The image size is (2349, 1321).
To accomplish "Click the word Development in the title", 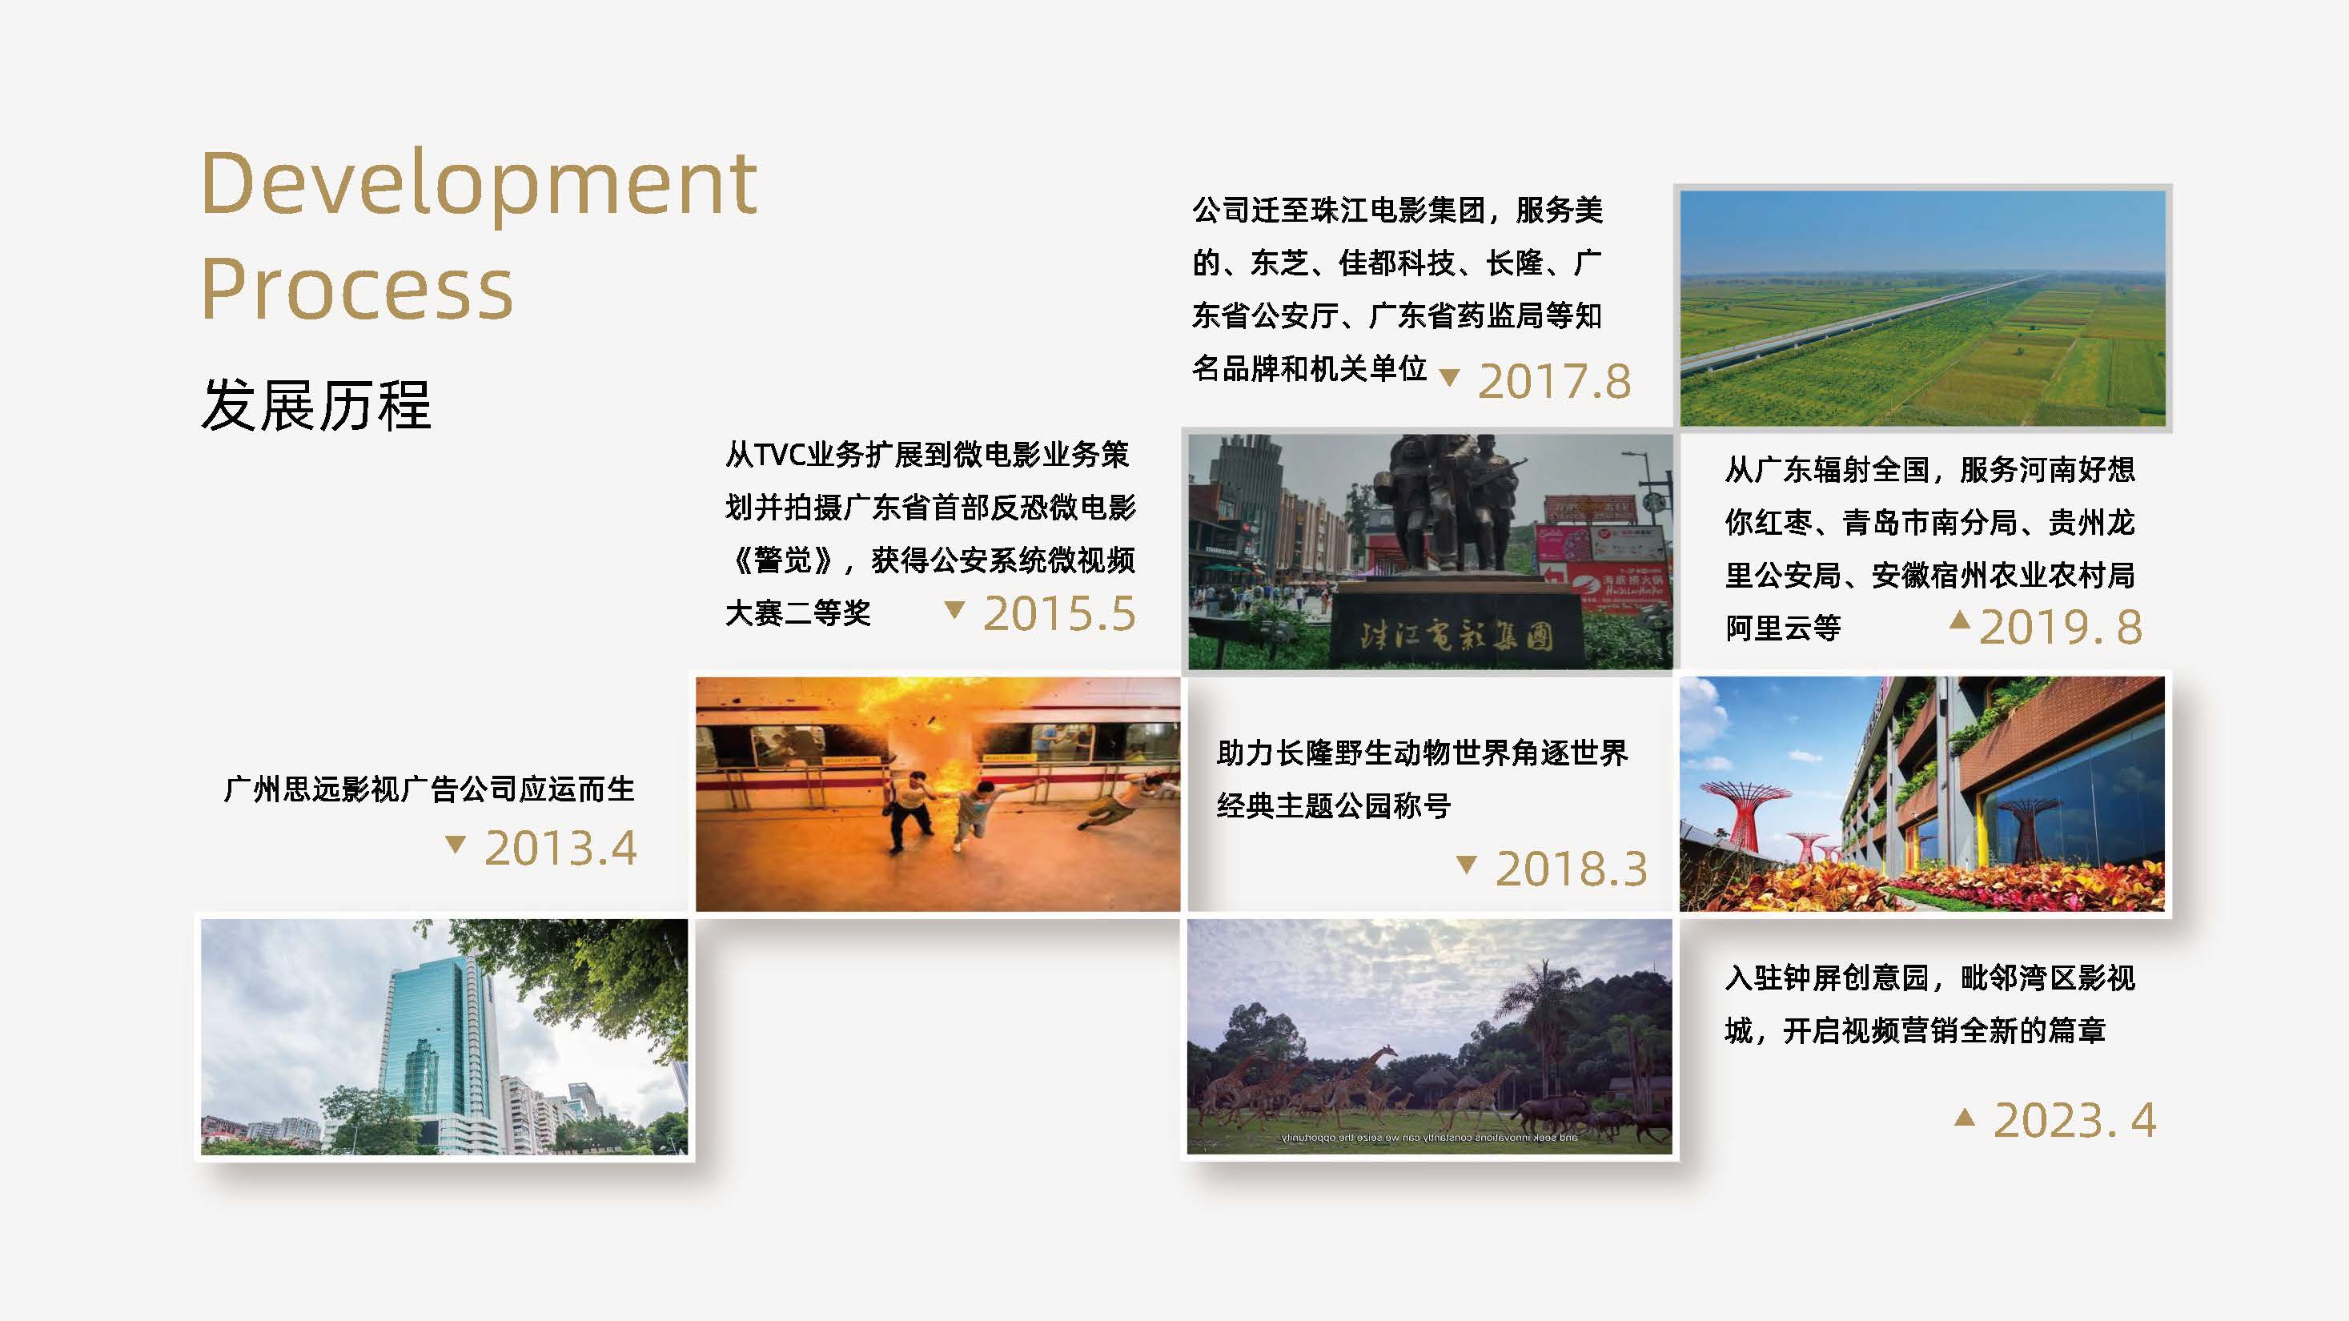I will click(x=479, y=185).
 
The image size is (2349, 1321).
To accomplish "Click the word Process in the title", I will click(x=356, y=290).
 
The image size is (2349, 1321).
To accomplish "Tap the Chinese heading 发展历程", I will click(x=315, y=406).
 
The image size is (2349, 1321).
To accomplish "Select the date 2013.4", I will click(x=560, y=849).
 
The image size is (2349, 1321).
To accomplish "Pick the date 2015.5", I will click(x=1058, y=613).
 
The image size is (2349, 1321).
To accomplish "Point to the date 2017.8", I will click(x=1554, y=381).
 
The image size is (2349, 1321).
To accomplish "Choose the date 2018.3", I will click(x=1571, y=869).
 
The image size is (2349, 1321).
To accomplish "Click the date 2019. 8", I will click(x=2060, y=627).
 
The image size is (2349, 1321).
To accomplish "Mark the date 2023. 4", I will click(x=2074, y=1120).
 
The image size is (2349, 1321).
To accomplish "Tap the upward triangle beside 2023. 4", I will click(x=1965, y=1117).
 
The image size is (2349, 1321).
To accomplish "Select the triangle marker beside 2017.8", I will click(x=1449, y=376).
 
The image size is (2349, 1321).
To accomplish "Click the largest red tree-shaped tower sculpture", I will click(x=1741, y=811).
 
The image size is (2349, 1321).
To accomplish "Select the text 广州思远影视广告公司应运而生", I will click(x=428, y=789).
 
